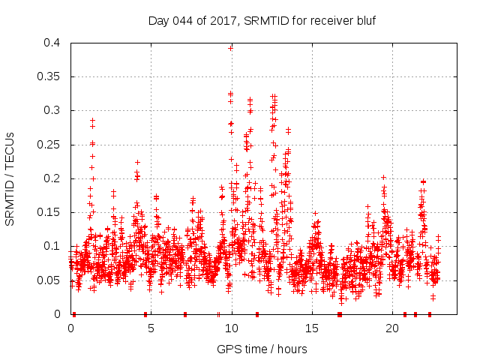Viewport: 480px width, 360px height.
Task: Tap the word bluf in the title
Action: (x=364, y=20)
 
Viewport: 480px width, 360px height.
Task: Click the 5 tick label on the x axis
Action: (x=151, y=328)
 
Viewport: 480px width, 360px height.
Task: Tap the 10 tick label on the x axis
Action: (x=232, y=328)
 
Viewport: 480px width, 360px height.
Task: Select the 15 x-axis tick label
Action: (x=312, y=328)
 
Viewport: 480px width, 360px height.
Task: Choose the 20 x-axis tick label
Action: (x=392, y=328)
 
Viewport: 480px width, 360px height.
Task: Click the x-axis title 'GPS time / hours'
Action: (x=262, y=349)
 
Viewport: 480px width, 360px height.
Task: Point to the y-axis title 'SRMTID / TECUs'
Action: (x=10, y=178)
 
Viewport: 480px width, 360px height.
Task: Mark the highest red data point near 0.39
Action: (x=231, y=48)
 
